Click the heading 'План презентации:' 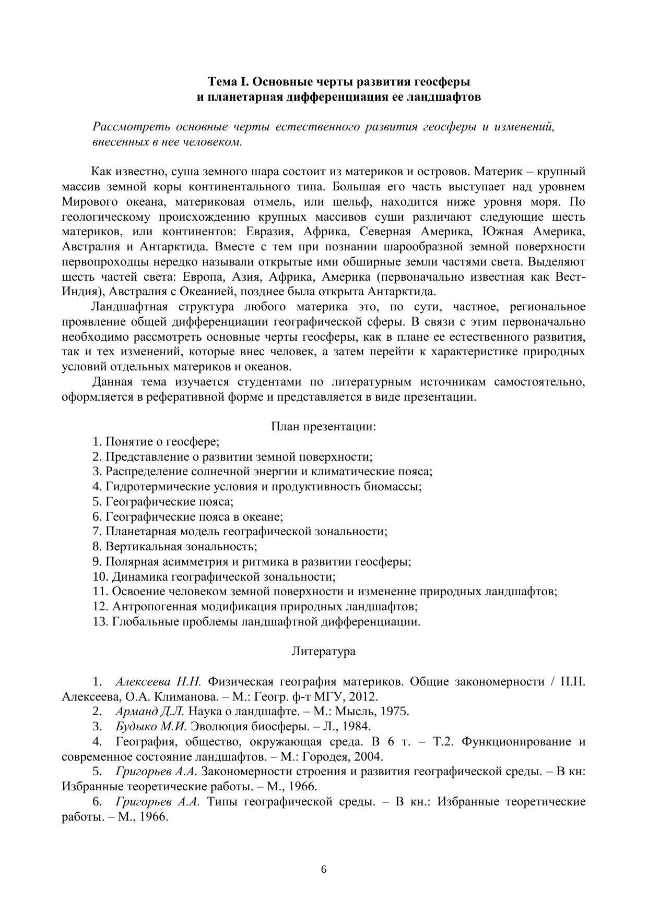324,427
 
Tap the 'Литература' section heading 324,651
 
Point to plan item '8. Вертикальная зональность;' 175,547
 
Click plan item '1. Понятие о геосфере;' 156,442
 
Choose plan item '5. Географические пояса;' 163,502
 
